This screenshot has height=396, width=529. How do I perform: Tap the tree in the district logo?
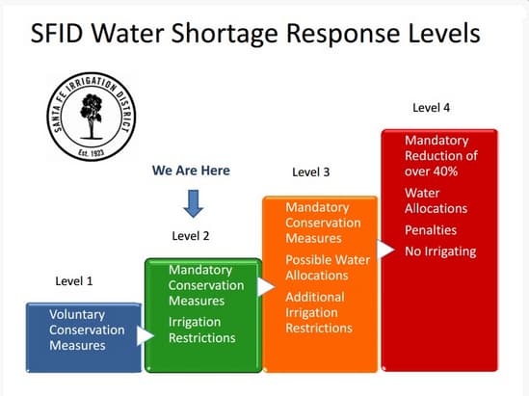point(91,117)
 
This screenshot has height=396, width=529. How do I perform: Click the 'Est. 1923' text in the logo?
point(92,152)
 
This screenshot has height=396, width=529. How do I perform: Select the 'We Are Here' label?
point(191,171)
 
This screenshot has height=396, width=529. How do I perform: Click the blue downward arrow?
point(194,203)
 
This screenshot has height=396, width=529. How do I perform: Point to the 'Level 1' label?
point(74,281)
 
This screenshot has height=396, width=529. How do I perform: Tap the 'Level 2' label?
point(191,236)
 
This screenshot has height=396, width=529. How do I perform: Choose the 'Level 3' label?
point(310,172)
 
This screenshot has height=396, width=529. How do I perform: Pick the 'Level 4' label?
point(431,108)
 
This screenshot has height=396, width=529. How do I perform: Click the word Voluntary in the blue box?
point(77,315)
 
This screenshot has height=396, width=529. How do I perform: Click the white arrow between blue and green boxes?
point(145,335)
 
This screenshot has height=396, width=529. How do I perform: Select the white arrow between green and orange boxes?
point(266,287)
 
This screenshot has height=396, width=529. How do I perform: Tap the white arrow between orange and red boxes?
point(385,250)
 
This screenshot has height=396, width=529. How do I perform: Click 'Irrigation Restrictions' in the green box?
point(202,330)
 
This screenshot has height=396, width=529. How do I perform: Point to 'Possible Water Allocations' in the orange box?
point(328,268)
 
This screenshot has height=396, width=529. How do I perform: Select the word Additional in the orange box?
point(315,297)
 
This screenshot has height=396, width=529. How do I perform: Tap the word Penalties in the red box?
point(431,230)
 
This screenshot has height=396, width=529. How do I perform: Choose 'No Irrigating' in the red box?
point(440,251)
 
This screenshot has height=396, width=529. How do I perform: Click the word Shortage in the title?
point(225,35)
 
